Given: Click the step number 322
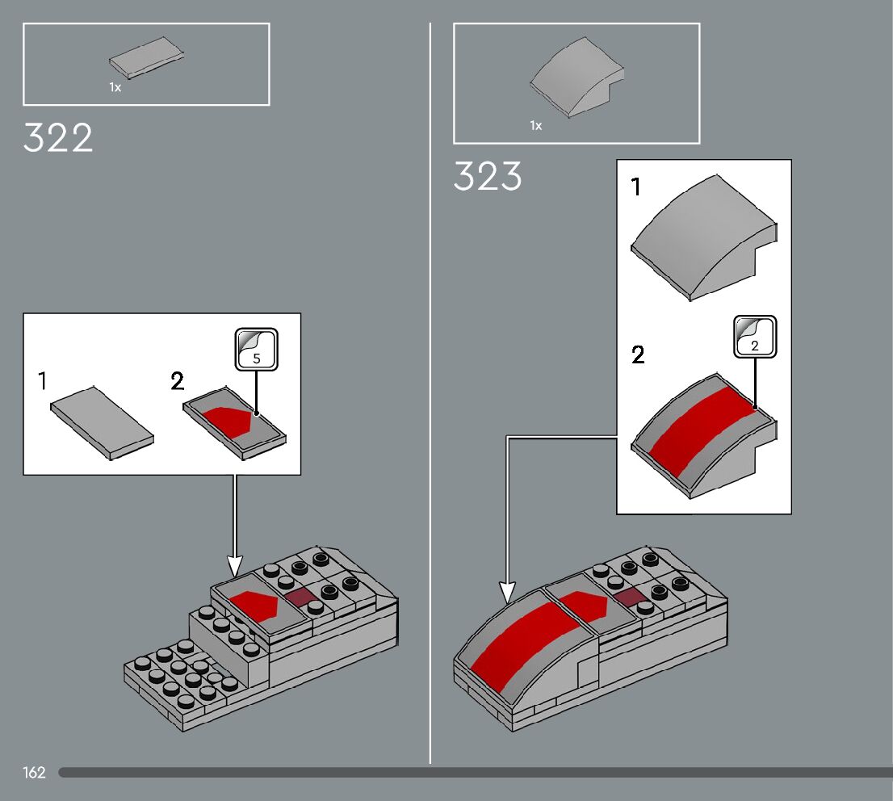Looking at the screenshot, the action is pos(58,138).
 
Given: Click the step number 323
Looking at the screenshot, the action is pos(488,176).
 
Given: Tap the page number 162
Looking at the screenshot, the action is pos(34,773).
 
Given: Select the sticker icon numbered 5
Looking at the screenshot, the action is pos(257,349).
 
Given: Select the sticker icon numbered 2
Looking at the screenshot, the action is pos(755,336).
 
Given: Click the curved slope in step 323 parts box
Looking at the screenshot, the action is pos(577,79).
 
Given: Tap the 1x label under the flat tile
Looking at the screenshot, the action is pos(115,87).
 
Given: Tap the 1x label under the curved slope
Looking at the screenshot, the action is pos(536,125).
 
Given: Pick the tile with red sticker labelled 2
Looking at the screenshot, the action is pos(234,423).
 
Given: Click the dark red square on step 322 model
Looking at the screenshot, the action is pos(300,597).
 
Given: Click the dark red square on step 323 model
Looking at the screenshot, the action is pos(627,597).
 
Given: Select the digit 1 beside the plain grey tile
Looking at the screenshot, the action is pos(42,380).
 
